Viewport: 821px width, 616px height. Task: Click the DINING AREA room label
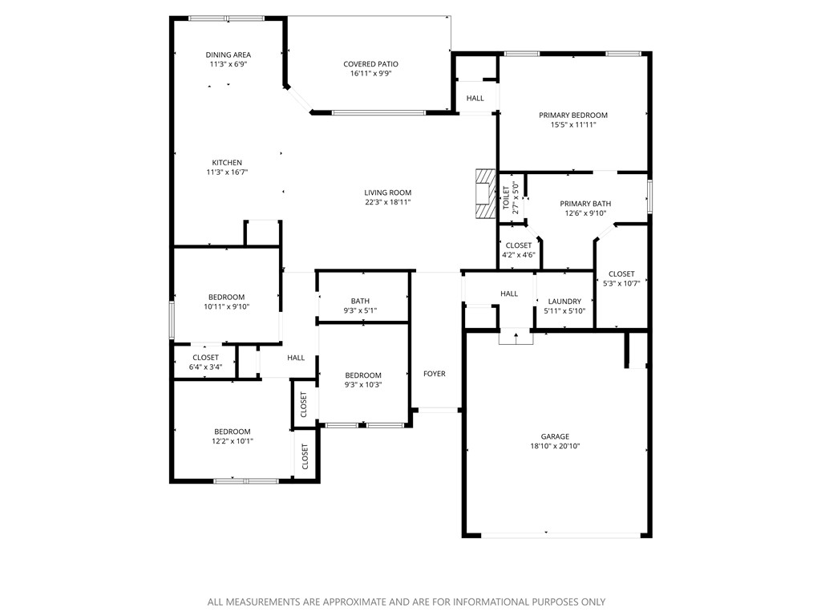pyautogui.click(x=228, y=55)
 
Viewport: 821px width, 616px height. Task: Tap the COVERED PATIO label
pyautogui.click(x=370, y=64)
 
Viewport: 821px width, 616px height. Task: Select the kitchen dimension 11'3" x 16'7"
pyautogui.click(x=228, y=172)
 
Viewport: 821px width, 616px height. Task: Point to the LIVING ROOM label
pyautogui.click(x=387, y=192)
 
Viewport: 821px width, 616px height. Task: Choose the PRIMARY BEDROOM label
pyautogui.click(x=572, y=115)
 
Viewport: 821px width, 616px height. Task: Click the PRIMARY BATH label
pyautogui.click(x=584, y=204)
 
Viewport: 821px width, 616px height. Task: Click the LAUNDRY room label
pyautogui.click(x=564, y=302)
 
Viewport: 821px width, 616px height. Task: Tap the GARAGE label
pyautogui.click(x=554, y=436)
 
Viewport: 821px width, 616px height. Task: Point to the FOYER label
pyautogui.click(x=434, y=374)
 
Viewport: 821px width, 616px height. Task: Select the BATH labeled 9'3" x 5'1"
pyautogui.click(x=360, y=302)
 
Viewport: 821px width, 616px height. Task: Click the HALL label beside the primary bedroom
pyautogui.click(x=475, y=98)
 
